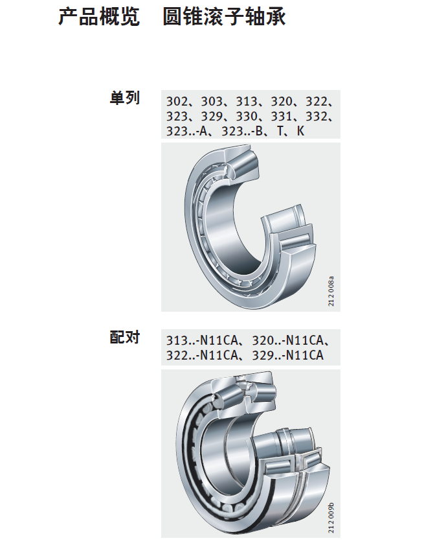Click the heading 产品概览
99,17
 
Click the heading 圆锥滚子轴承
225,17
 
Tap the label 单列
125,98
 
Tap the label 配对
125,337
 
